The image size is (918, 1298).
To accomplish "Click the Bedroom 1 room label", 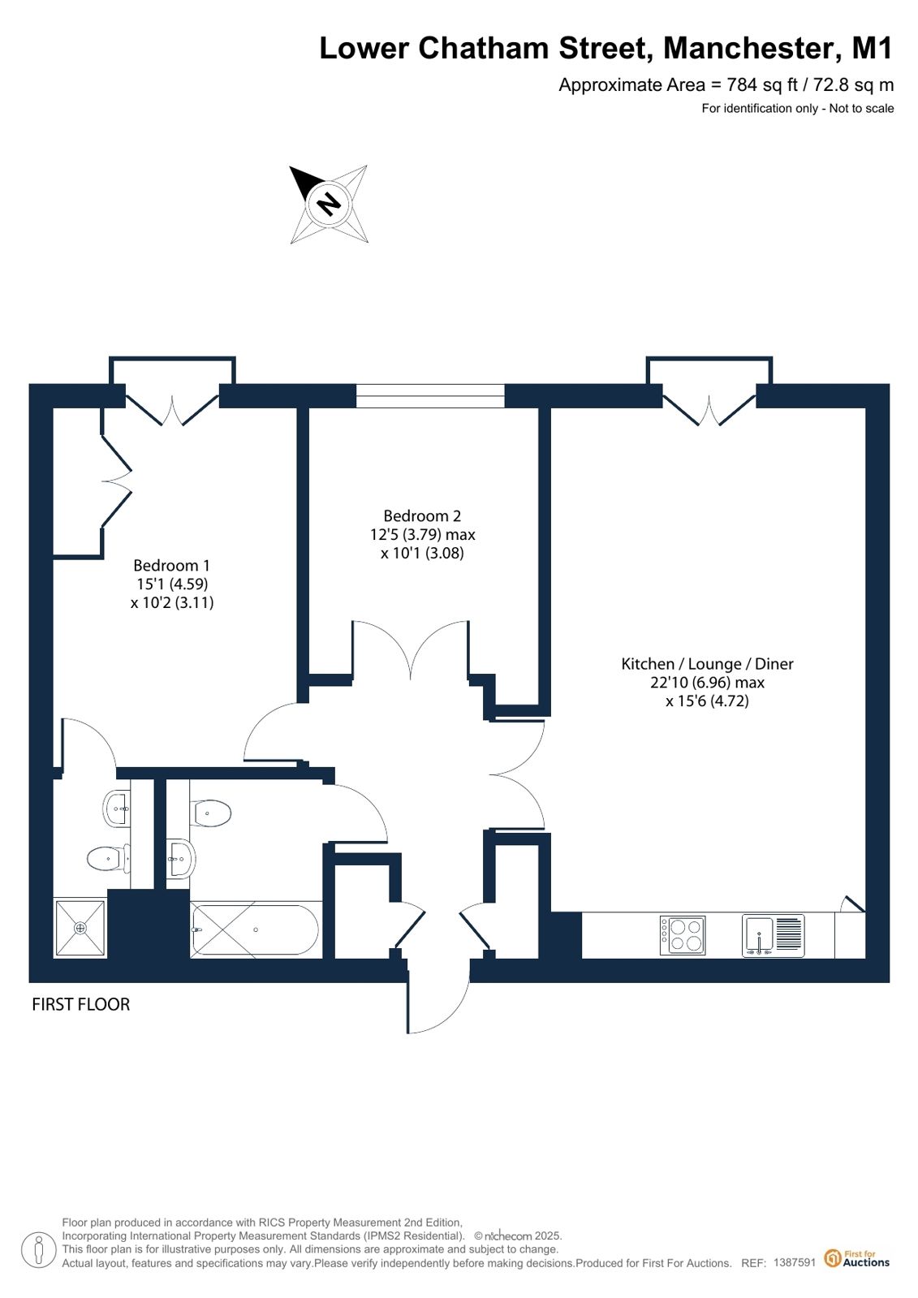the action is (x=171, y=565).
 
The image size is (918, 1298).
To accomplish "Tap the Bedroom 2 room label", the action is (x=423, y=515).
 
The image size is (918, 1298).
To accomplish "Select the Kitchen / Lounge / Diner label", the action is (x=707, y=664).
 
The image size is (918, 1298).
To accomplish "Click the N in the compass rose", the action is (x=330, y=204).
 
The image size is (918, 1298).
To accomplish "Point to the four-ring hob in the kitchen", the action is (x=683, y=935).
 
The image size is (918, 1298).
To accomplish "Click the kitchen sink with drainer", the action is (x=773, y=935).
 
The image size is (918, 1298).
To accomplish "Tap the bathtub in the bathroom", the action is (x=255, y=929).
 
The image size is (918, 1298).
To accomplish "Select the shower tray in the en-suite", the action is (x=80, y=928).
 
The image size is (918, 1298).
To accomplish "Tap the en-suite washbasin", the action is (x=117, y=808).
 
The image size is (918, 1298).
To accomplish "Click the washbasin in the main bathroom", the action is (x=181, y=859).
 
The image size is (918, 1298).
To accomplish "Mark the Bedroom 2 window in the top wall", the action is (x=430, y=396).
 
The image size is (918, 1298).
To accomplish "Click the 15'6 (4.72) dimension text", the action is (x=707, y=701).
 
